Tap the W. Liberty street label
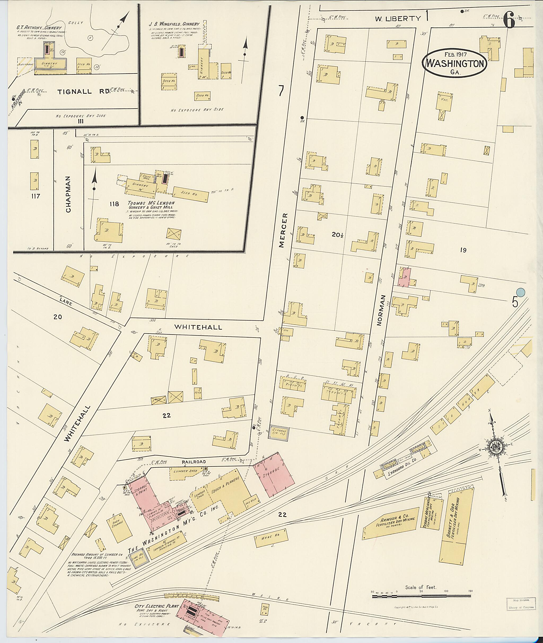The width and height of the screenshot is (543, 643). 397,19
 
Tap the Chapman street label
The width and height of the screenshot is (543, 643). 68,194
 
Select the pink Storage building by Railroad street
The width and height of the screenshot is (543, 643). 274,476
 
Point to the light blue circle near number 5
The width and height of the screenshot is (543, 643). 520,292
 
